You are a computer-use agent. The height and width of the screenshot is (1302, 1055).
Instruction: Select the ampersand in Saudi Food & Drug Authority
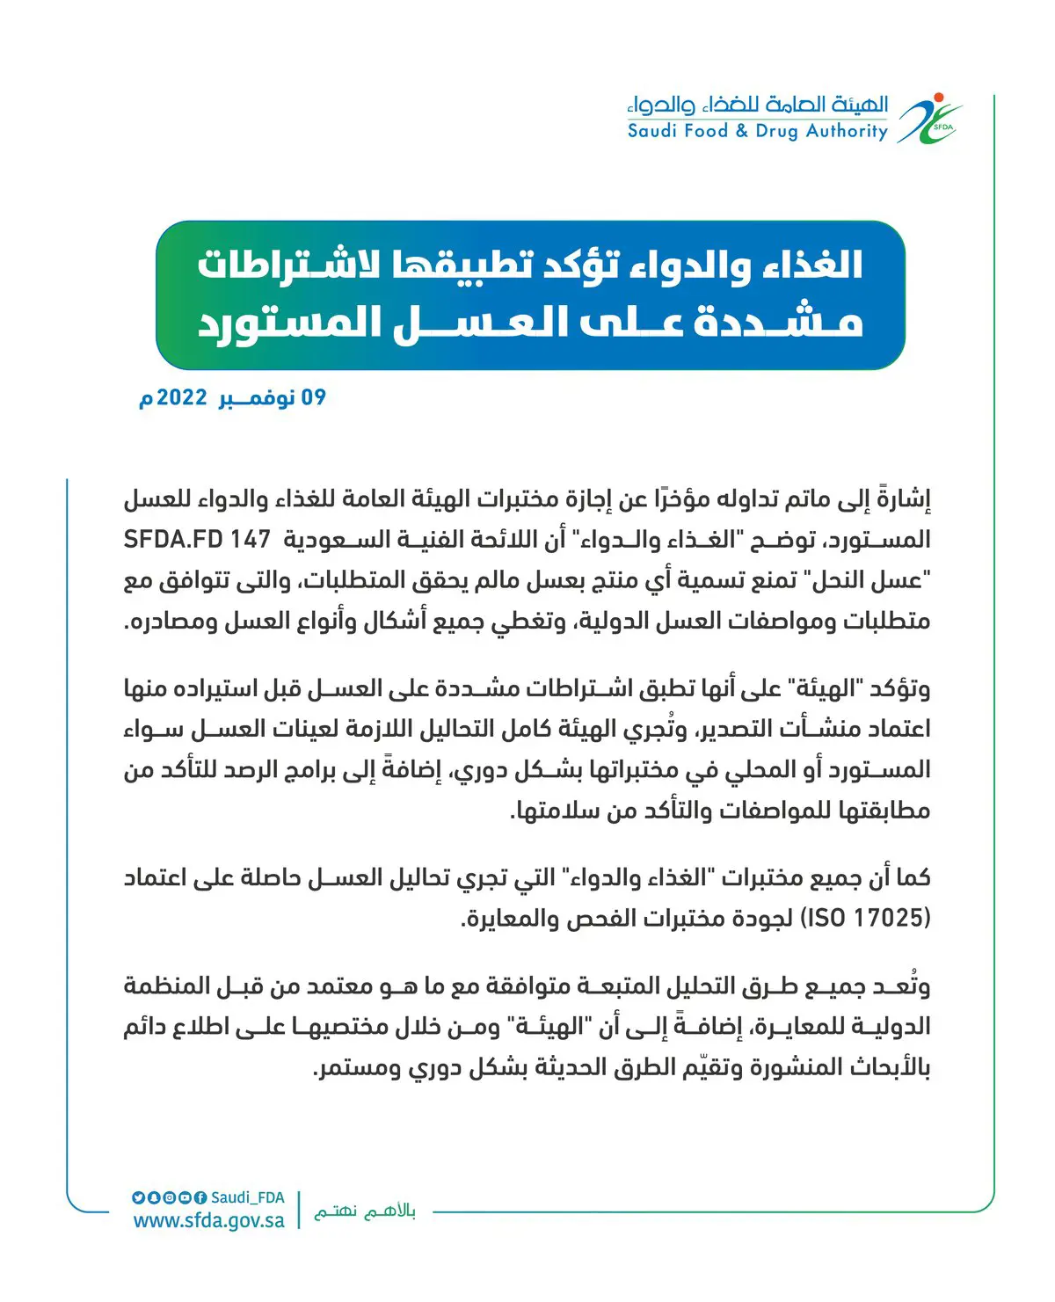(x=742, y=132)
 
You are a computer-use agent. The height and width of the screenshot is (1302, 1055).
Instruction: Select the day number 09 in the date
(x=314, y=398)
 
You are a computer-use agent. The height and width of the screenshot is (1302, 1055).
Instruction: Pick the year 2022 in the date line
(x=181, y=398)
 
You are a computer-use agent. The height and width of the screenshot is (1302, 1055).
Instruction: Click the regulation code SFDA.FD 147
(x=197, y=540)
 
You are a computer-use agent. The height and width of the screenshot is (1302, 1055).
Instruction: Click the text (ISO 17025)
(x=866, y=918)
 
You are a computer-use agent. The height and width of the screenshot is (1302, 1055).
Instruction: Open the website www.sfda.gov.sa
(x=209, y=1221)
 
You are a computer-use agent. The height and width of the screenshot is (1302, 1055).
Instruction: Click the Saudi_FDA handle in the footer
(x=248, y=1197)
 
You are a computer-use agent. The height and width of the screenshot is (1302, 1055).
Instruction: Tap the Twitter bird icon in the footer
(x=138, y=1197)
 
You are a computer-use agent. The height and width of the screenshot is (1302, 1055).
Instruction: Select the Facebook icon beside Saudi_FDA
(x=200, y=1197)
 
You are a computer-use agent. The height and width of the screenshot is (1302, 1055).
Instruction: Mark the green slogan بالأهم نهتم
(x=365, y=1211)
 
